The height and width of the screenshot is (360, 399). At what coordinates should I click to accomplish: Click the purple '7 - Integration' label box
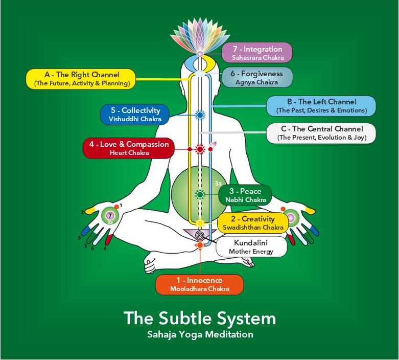[x=257, y=53]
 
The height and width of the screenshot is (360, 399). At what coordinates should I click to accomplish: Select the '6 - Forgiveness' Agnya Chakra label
[x=257, y=77]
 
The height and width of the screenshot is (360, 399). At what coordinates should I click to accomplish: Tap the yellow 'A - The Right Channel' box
[x=81, y=79]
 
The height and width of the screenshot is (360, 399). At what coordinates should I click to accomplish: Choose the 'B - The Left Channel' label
[x=321, y=106]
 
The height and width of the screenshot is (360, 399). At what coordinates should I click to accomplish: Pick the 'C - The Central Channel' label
[x=321, y=133]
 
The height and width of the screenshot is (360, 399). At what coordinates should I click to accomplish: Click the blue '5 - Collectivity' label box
[x=135, y=115]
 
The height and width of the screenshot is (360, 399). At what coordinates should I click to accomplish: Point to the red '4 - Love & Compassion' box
[x=129, y=148]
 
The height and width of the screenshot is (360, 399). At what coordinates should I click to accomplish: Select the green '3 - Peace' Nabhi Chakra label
[x=245, y=195]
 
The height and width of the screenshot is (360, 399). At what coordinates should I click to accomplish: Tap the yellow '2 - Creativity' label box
[x=253, y=223]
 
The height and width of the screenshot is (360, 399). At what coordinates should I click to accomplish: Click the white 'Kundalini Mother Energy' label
[x=251, y=246]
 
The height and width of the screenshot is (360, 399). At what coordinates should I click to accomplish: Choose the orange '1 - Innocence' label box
[x=199, y=285]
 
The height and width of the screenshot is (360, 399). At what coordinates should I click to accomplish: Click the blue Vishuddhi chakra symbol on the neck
[x=200, y=115]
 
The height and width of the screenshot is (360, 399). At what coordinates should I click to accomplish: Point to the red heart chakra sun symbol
[x=200, y=149]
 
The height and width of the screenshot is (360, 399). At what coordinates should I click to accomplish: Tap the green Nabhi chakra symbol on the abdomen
[x=200, y=195]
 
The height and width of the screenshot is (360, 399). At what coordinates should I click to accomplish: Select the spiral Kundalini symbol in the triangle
[x=200, y=235]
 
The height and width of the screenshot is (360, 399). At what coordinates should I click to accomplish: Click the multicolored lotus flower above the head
[x=200, y=34]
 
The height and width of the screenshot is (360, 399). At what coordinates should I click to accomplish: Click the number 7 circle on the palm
[x=110, y=216]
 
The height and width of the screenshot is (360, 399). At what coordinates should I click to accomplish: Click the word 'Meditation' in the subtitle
[x=229, y=334]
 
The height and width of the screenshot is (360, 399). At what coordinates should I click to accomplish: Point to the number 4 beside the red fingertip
[x=105, y=248]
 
